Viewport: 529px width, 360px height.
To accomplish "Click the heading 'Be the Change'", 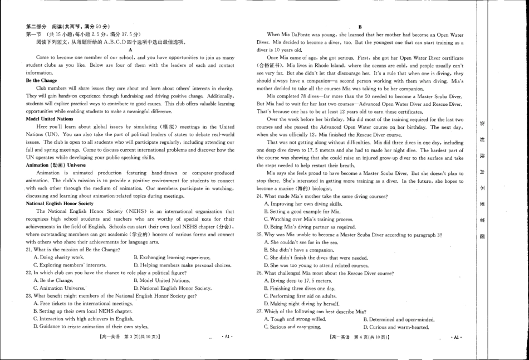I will pos(41,81).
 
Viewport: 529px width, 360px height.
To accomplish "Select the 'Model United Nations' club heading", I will pos(49,119).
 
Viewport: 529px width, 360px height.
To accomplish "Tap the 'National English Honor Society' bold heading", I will pos(60,203).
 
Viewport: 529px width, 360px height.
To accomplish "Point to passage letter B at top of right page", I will pos(360,27).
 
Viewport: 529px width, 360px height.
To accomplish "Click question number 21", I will pos(29,250).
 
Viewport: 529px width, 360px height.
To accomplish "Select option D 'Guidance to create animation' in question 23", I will pos(91,327).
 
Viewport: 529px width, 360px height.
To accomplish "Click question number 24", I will pos(259,196).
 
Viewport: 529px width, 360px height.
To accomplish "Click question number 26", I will pos(259,273).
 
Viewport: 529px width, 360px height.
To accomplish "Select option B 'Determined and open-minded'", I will pos(398,319).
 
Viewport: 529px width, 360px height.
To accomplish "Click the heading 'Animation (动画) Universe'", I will pos(56,165).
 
